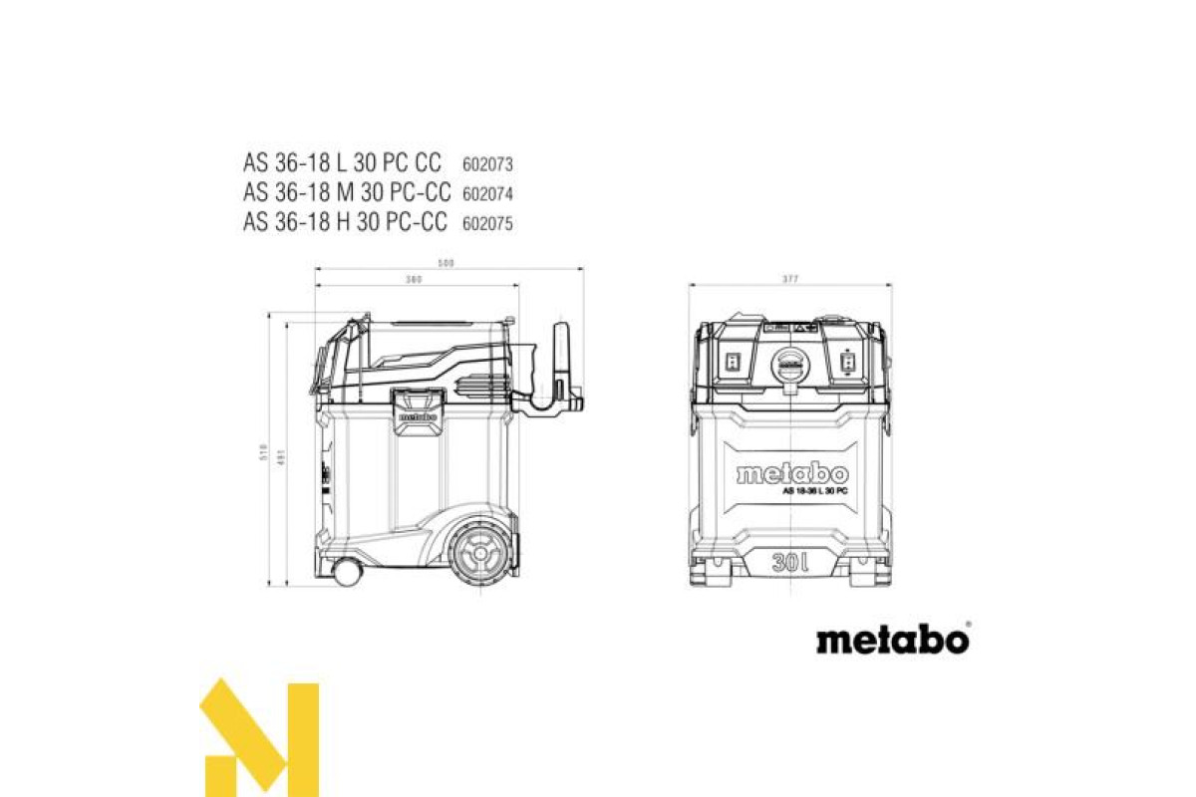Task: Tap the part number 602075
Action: tap(487, 224)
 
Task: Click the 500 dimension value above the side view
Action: tap(446, 263)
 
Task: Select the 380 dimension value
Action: tap(415, 280)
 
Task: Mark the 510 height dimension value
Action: tap(264, 453)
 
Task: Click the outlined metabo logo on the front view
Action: tap(792, 473)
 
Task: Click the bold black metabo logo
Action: tap(892, 639)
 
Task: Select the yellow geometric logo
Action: tap(261, 738)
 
